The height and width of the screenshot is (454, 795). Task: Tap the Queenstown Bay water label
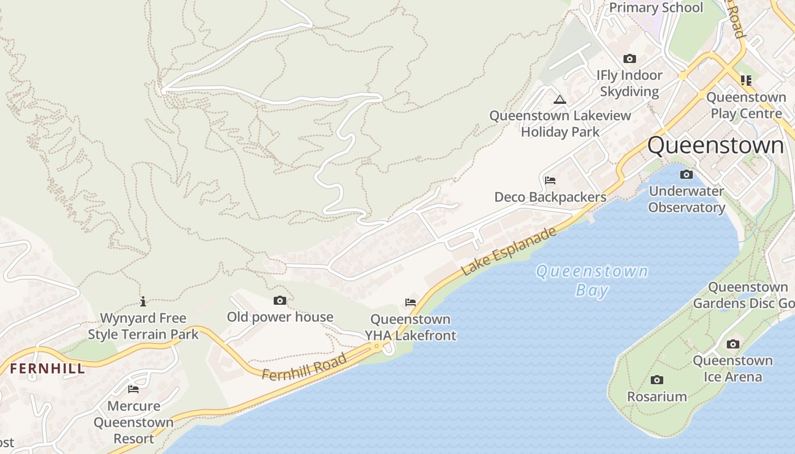click(x=592, y=280)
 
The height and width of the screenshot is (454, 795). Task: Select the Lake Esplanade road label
click(x=508, y=251)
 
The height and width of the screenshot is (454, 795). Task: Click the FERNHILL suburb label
click(x=47, y=368)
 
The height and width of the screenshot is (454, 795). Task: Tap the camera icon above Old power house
click(x=280, y=300)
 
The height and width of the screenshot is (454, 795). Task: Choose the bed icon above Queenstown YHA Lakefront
click(x=411, y=302)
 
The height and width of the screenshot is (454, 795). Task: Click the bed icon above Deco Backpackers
click(x=550, y=180)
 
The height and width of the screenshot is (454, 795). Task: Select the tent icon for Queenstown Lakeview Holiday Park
click(x=560, y=100)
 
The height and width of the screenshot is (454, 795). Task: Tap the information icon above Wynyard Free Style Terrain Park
click(x=143, y=301)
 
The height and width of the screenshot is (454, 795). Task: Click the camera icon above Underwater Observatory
click(x=687, y=174)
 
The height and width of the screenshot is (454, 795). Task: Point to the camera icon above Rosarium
click(x=657, y=380)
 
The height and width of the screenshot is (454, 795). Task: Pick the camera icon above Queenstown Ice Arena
click(x=733, y=344)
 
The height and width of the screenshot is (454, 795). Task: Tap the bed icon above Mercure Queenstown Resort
click(x=133, y=389)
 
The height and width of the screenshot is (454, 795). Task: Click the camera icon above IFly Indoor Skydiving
click(x=629, y=58)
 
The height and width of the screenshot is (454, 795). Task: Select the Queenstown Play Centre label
click(x=746, y=105)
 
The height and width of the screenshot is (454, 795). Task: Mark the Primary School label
click(x=656, y=8)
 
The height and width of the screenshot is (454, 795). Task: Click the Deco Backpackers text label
click(x=550, y=197)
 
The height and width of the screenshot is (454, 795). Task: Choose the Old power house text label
click(x=280, y=317)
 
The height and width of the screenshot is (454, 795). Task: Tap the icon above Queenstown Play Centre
click(x=746, y=81)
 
